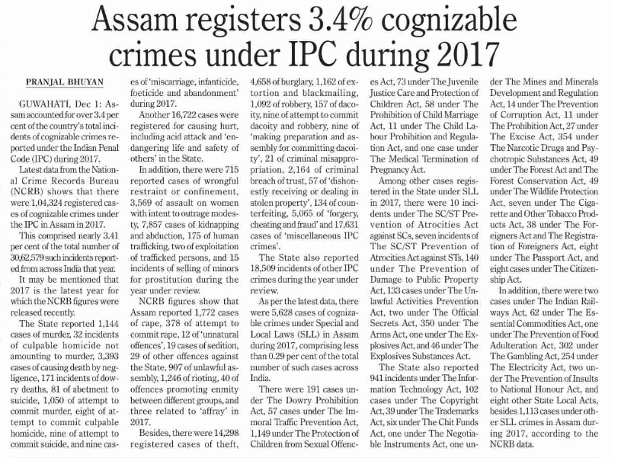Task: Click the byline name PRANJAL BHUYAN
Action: pyautogui.click(x=65, y=81)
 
